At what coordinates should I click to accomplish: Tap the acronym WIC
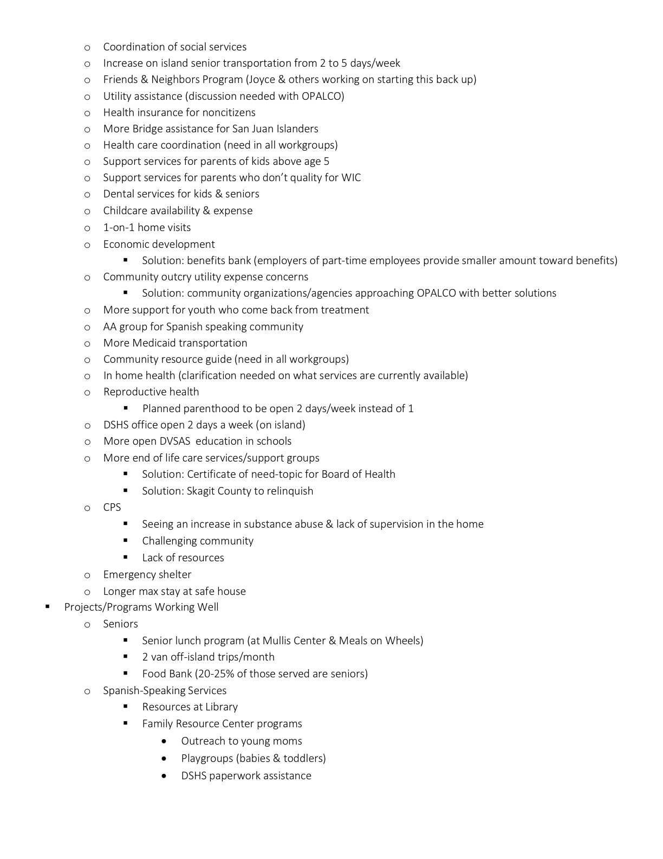tap(351, 178)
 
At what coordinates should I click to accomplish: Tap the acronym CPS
tap(112, 508)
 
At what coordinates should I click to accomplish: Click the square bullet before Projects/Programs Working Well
tap(48, 607)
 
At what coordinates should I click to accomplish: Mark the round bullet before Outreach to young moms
tap(164, 741)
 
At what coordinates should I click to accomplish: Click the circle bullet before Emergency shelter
tap(87, 575)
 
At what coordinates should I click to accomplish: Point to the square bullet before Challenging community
tap(126, 541)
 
